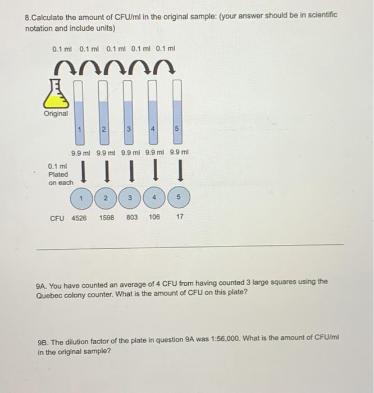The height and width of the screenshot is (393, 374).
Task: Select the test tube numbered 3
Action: (x=129, y=112)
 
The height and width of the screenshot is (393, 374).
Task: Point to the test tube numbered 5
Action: (x=177, y=112)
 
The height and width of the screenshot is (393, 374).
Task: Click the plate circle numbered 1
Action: (x=81, y=198)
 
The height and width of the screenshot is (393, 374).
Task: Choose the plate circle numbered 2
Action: (x=106, y=198)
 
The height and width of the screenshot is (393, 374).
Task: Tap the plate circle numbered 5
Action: (x=179, y=198)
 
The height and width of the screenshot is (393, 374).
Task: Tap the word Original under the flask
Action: (x=56, y=113)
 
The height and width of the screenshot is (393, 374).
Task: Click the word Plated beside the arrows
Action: (x=58, y=174)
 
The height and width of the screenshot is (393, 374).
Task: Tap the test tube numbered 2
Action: (x=104, y=112)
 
